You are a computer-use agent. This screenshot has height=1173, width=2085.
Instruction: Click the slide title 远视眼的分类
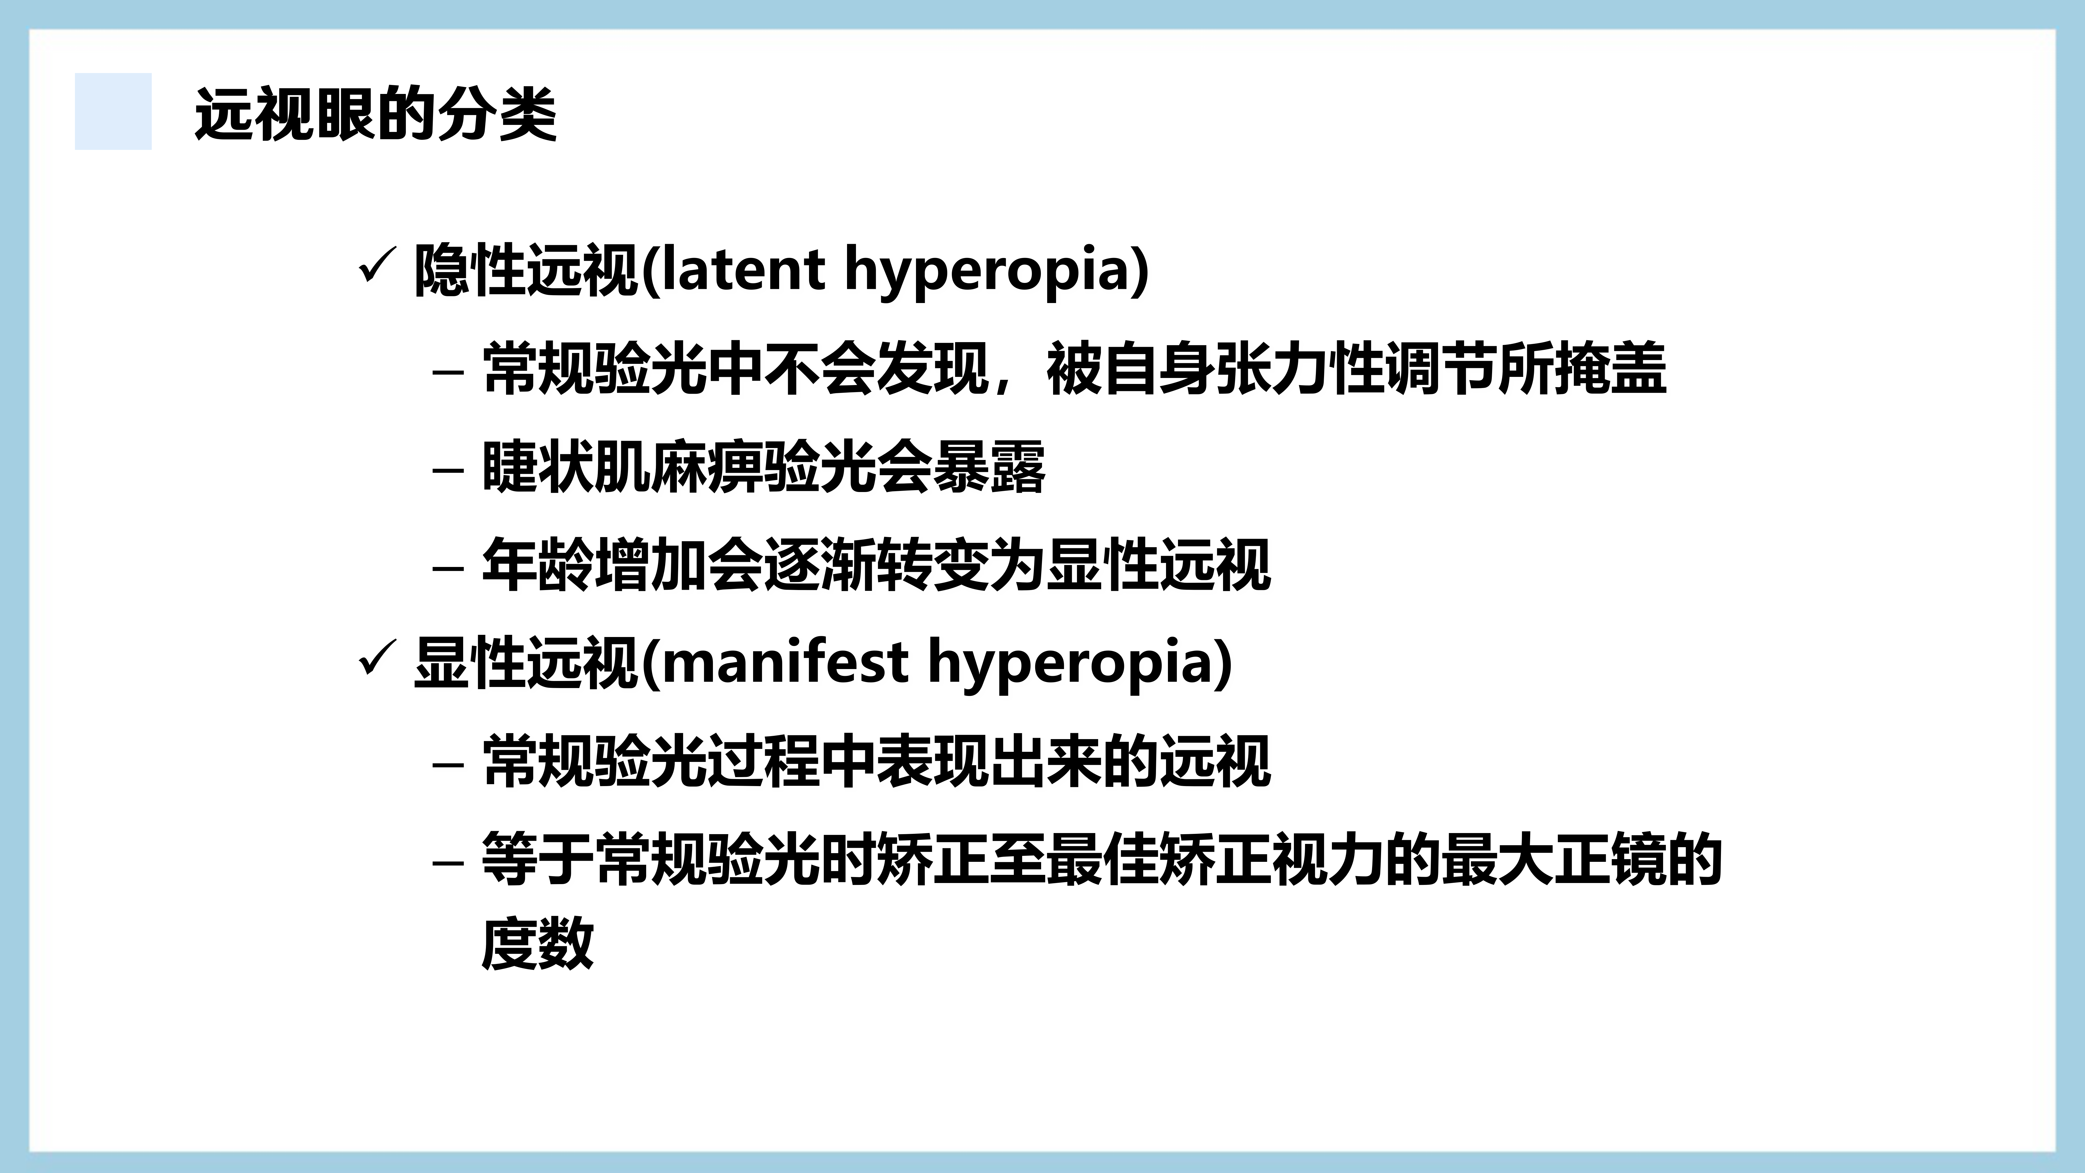point(375,114)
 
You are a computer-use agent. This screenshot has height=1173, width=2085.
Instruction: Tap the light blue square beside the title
point(113,111)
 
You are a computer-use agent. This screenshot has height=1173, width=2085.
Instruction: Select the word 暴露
point(989,467)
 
